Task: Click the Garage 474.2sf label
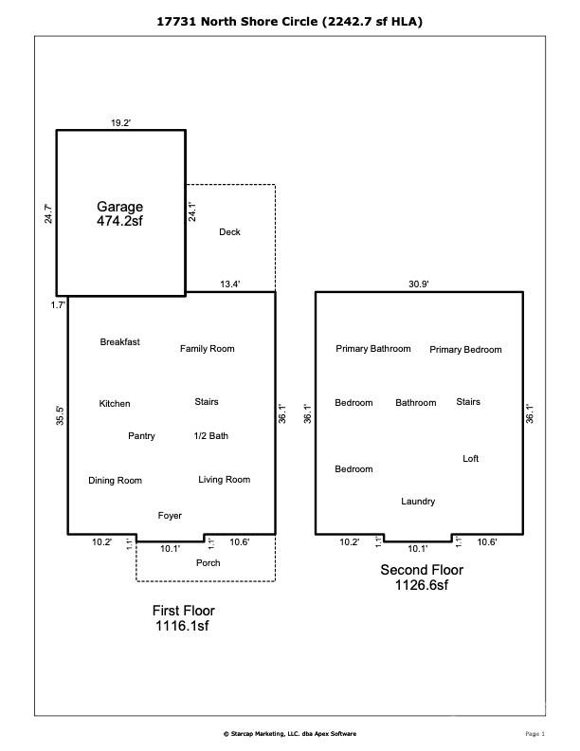pyautogui.click(x=119, y=213)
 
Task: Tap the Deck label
pyautogui.click(x=229, y=231)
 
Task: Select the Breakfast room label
pyautogui.click(x=120, y=342)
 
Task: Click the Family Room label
pyautogui.click(x=208, y=349)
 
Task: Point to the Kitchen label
pyautogui.click(x=115, y=404)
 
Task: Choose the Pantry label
pyautogui.click(x=141, y=436)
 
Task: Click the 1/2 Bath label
pyautogui.click(x=211, y=436)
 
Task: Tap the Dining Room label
pyautogui.click(x=115, y=481)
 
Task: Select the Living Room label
pyautogui.click(x=225, y=480)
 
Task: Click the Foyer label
pyautogui.click(x=170, y=515)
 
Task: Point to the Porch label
pyautogui.click(x=208, y=562)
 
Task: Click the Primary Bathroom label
pyautogui.click(x=373, y=349)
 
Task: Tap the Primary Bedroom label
pyautogui.click(x=465, y=350)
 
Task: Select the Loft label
pyautogui.click(x=470, y=458)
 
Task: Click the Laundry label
pyautogui.click(x=418, y=502)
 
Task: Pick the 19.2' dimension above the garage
pyautogui.click(x=120, y=123)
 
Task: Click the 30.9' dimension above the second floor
pyautogui.click(x=418, y=284)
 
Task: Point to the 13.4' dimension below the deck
pyautogui.click(x=229, y=284)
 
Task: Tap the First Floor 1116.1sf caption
pyautogui.click(x=183, y=618)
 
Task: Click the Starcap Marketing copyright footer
pyautogui.click(x=290, y=733)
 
